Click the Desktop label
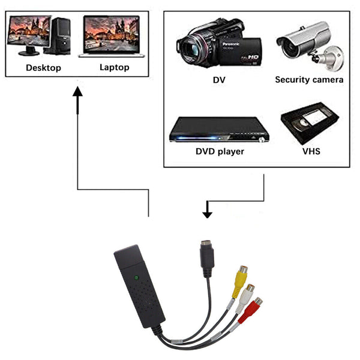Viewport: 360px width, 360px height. [x=43, y=68]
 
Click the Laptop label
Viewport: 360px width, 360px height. [x=114, y=67]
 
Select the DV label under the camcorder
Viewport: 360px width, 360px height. [x=220, y=80]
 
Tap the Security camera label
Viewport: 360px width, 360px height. [x=309, y=80]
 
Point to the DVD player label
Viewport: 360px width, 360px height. [x=220, y=151]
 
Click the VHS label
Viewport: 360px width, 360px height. [x=311, y=151]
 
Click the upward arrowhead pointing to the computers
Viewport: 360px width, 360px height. [x=77, y=93]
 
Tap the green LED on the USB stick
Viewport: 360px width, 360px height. [x=137, y=278]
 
